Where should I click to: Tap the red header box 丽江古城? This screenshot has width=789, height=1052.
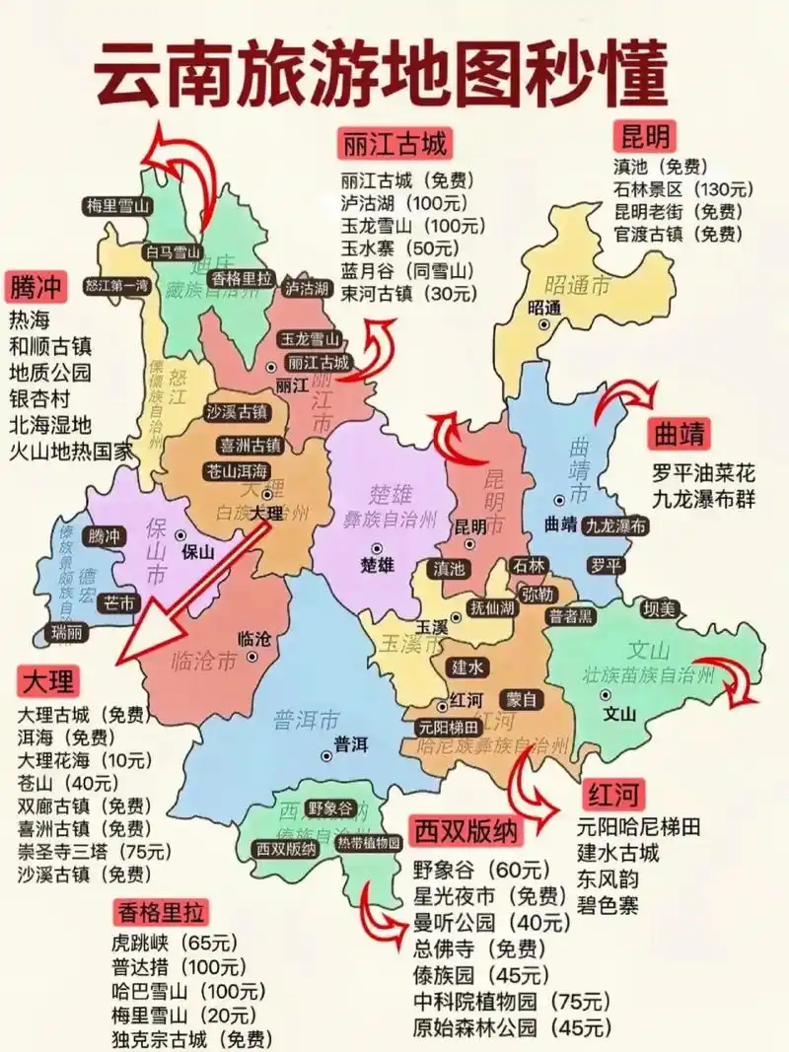click(x=394, y=144)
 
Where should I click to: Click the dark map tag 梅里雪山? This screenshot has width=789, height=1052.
click(x=116, y=206)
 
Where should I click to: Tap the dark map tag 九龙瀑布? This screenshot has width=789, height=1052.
click(x=615, y=526)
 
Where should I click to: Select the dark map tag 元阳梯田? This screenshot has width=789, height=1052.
click(x=449, y=728)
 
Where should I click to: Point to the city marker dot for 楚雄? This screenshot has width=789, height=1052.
click(x=377, y=547)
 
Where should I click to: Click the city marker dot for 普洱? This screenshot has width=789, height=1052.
click(x=326, y=756)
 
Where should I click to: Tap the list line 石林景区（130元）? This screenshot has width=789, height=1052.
click(x=681, y=188)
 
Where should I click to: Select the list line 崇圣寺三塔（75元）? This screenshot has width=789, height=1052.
click(x=85, y=851)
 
